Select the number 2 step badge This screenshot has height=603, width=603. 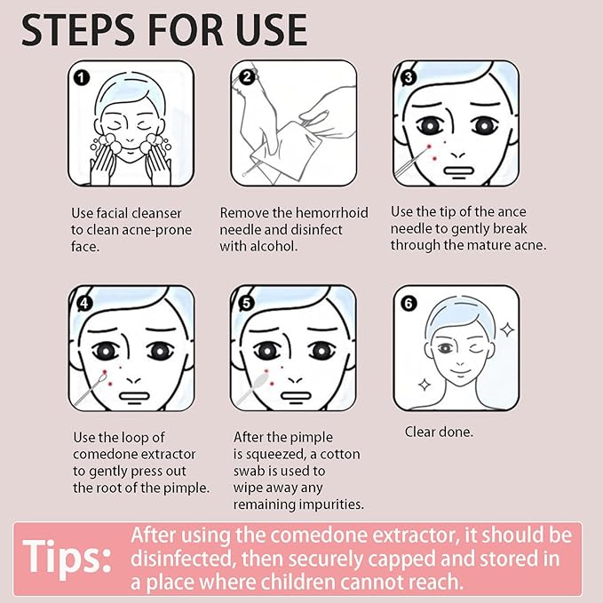coord(247,77)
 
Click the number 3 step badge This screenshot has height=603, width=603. coord(409,77)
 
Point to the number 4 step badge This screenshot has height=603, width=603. coord(83,303)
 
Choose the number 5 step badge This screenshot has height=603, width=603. coord(247,303)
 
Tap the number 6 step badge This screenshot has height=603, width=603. coord(409,303)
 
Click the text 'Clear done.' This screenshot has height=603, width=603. coord(439,432)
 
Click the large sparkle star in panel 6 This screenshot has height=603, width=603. coord(507,329)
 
